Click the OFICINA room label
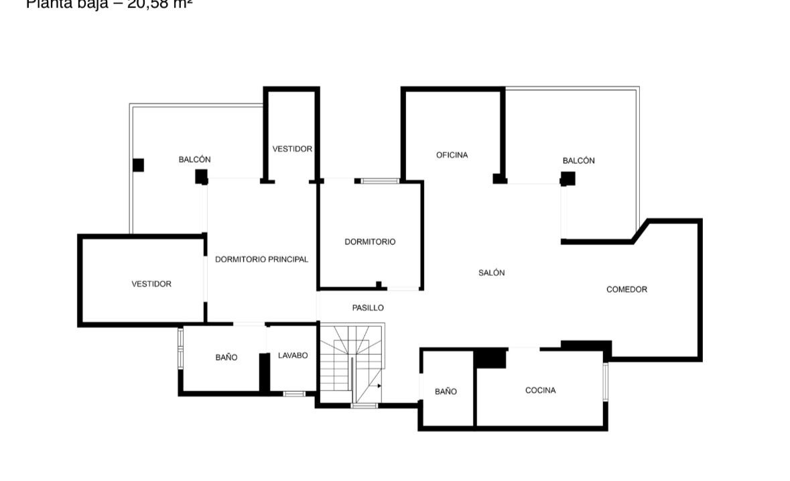tap(452, 155)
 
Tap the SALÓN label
tap(491, 272)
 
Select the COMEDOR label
tap(627, 289)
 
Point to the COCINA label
tap(540, 390)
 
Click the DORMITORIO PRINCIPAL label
tap(261, 259)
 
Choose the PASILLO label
tap(368, 307)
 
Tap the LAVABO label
tap(293, 355)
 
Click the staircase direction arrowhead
tap(379, 386)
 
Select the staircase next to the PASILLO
tap(350, 366)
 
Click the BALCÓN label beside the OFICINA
tap(578, 160)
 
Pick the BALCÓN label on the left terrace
tap(194, 159)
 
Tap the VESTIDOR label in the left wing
tap(151, 284)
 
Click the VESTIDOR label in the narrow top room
tap(292, 148)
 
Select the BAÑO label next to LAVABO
tap(226, 358)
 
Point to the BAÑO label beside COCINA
tap(446, 391)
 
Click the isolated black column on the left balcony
tap(138, 164)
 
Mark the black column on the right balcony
tap(568, 178)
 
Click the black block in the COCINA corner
tap(490, 358)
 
